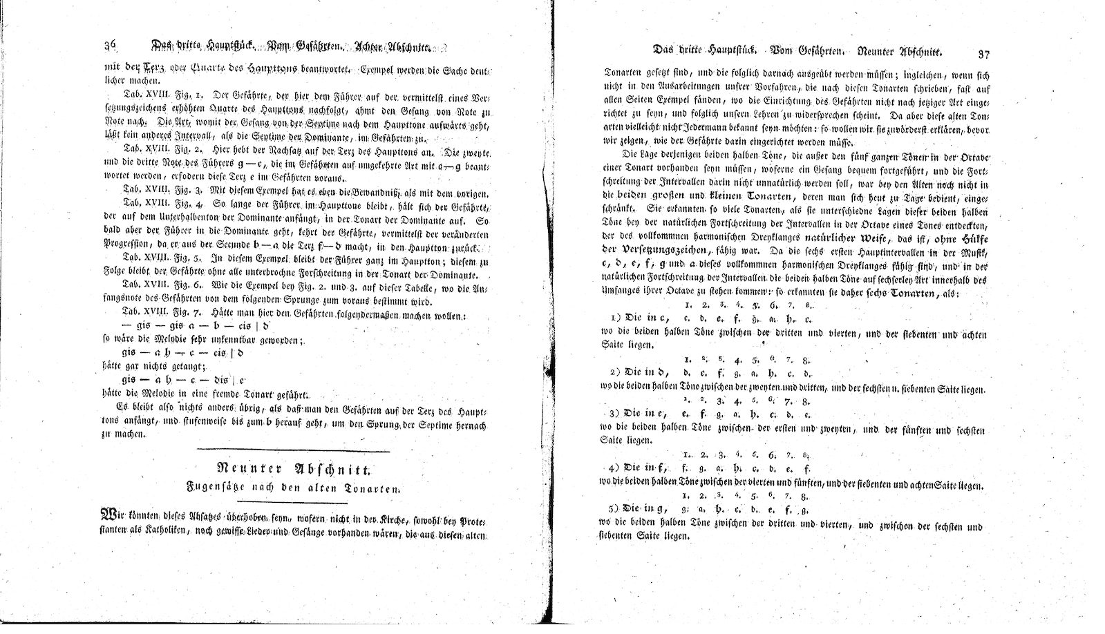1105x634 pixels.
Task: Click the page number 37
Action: [x=985, y=52]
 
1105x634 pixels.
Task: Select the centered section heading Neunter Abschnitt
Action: [x=293, y=470]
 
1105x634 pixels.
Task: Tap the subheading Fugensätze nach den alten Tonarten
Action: [x=293, y=488]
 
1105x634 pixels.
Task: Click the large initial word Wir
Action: [x=113, y=515]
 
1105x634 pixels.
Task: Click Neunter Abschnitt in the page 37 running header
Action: [x=901, y=52]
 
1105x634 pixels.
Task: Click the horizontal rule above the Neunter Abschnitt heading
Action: [x=293, y=452]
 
